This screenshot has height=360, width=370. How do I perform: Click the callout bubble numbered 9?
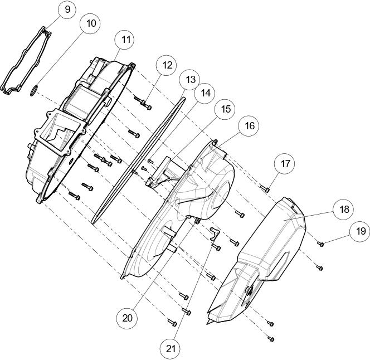[x=67, y=9]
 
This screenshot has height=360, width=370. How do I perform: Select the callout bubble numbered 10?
[x=91, y=23]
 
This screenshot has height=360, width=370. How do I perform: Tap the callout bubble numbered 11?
[x=126, y=40]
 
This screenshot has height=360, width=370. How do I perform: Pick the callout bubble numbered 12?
[x=167, y=65]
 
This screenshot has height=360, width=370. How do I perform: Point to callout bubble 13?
[x=190, y=80]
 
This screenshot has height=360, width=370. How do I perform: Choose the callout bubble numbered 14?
[x=206, y=93]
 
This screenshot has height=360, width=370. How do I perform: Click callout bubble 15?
[x=226, y=109]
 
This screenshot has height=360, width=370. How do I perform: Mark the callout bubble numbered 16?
[x=250, y=126]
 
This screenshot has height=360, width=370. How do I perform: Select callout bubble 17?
[x=285, y=164]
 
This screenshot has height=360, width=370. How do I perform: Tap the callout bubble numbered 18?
[x=344, y=209]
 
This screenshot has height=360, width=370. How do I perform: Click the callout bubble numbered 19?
[x=361, y=231]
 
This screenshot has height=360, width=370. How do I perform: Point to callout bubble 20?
[x=127, y=318]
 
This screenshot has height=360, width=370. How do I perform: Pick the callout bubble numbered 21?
[x=171, y=349]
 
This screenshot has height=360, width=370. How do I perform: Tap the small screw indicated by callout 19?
[x=320, y=244]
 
